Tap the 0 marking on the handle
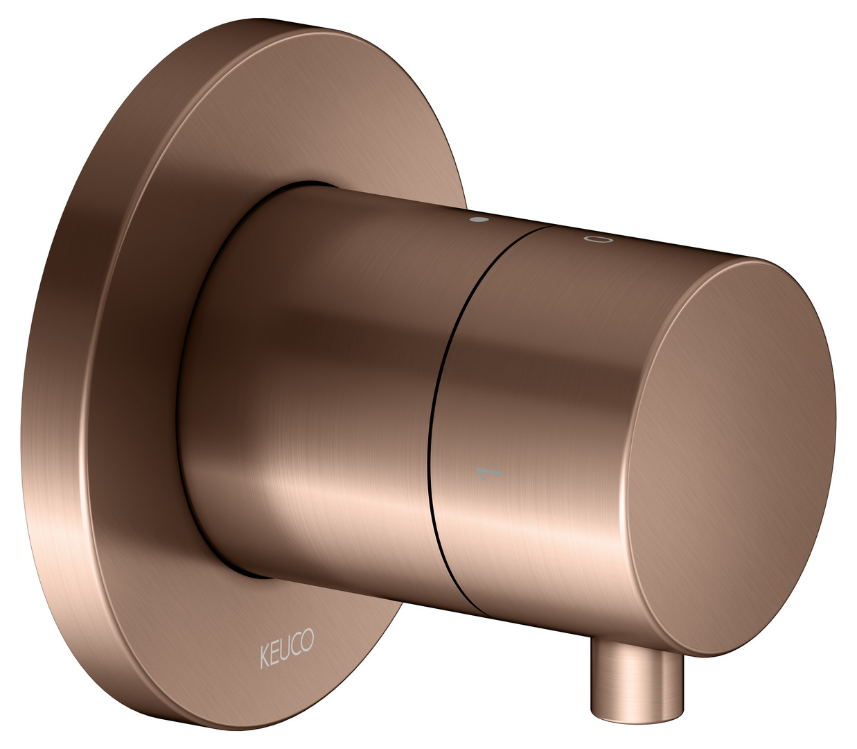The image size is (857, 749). tap(598, 239)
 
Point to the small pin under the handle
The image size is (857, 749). tap(637, 671)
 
